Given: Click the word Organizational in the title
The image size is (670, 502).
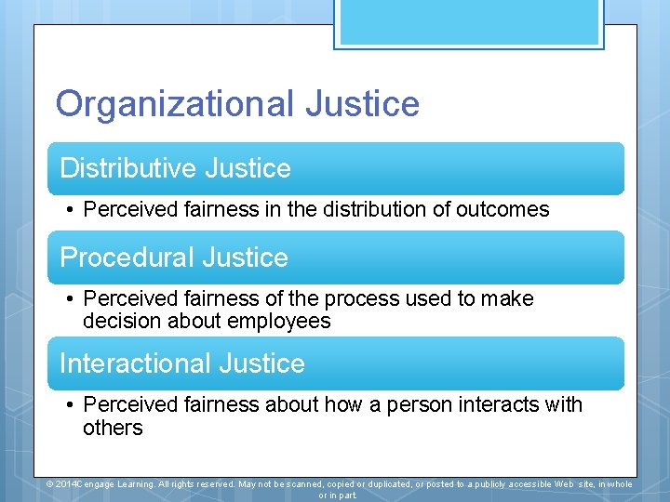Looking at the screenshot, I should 173,103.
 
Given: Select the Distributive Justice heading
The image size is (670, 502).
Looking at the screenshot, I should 175,168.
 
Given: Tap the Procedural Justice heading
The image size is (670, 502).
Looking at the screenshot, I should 174,258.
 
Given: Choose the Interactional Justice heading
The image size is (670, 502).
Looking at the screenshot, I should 182,363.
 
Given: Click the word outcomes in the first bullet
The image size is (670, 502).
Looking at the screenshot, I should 502,210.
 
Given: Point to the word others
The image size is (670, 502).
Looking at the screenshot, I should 113,429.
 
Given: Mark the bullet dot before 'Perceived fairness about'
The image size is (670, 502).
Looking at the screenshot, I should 70,406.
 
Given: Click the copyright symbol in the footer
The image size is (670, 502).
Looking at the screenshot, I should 50,484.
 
